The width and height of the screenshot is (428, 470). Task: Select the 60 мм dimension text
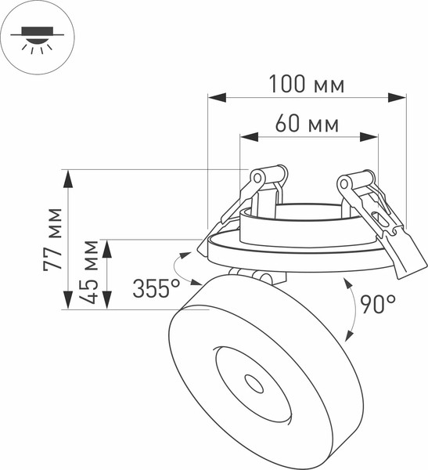click(x=307, y=124)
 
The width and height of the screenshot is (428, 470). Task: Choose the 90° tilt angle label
click(x=378, y=305)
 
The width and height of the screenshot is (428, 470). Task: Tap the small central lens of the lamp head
click(x=254, y=383)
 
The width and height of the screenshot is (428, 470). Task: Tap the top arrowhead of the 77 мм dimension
click(x=68, y=178)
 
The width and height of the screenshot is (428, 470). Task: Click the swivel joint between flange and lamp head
click(x=252, y=276)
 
